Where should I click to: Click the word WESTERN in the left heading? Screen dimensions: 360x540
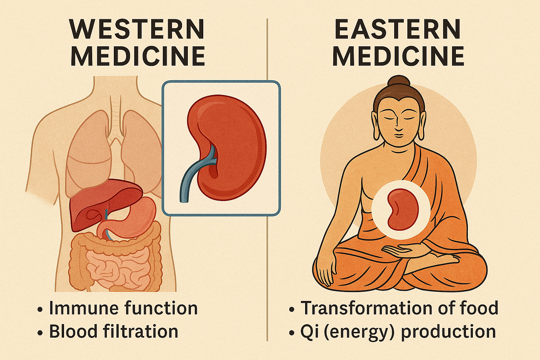(x=137, y=29)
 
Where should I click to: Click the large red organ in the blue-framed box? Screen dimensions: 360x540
(x=235, y=147)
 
